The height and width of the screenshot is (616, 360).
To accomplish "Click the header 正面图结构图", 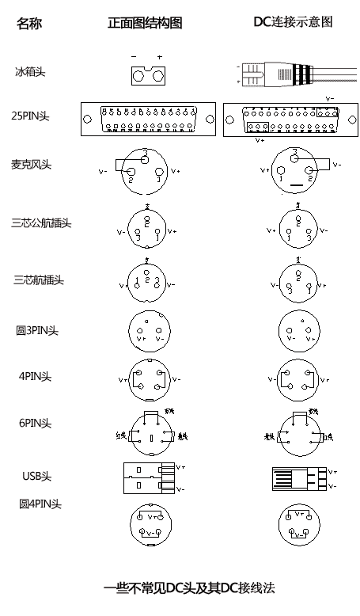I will [145, 24].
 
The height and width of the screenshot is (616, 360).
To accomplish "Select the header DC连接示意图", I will [292, 22].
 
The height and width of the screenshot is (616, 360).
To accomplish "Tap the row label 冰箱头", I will [30, 72].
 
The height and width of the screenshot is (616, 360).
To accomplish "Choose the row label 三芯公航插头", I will [41, 223].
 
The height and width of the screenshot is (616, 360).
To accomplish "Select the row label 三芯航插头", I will [38, 279].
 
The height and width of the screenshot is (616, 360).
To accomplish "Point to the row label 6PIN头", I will [36, 423].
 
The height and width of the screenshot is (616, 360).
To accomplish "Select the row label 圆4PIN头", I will [40, 504].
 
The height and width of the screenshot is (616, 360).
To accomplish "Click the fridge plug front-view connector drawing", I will [147, 75].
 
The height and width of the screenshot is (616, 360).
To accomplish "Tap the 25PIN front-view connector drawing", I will [148, 120].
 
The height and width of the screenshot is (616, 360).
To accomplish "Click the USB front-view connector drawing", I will [149, 478].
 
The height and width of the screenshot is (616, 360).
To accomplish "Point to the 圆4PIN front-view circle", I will [149, 524].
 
